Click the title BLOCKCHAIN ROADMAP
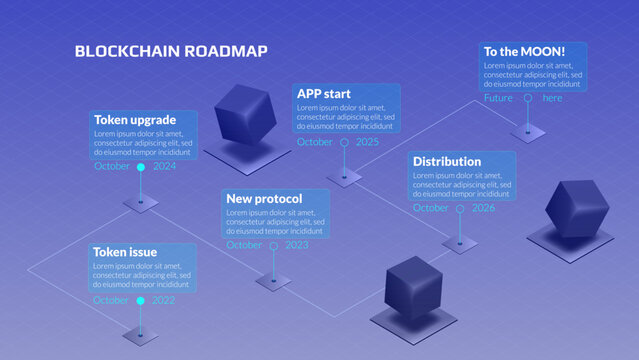(171, 51)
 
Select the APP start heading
(325, 94)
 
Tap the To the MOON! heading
(525, 51)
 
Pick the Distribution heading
(447, 161)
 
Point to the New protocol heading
(264, 198)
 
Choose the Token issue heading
(125, 252)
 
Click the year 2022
(164, 300)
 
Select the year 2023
(297, 245)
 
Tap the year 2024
(165, 166)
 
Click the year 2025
(368, 142)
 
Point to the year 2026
(484, 208)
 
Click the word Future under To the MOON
(498, 98)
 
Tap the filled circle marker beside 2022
(140, 300)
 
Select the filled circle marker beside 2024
(140, 166)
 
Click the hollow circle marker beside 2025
(344, 142)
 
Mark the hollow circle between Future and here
(527, 98)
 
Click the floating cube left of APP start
(244, 112)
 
